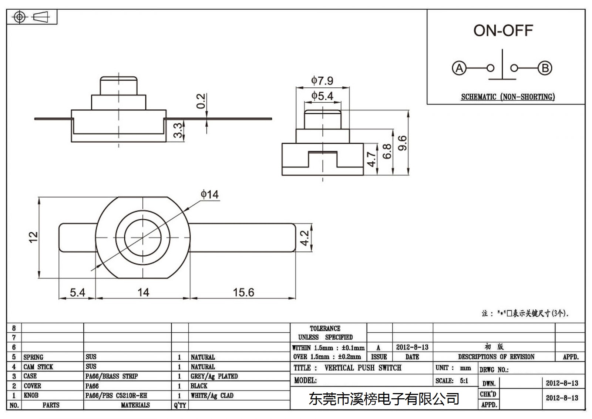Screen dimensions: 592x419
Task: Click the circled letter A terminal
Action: (459, 68)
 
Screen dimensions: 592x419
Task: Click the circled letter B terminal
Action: (545, 68)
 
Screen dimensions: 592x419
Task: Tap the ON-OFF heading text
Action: (503, 31)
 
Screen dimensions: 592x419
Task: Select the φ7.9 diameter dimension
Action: (322, 80)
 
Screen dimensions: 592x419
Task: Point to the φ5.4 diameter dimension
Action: (322, 96)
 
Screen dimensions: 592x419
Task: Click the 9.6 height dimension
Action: (402, 143)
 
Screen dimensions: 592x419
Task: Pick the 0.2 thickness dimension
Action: (201, 101)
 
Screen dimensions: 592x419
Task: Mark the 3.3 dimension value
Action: (178, 130)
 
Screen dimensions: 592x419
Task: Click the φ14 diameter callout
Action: (209, 194)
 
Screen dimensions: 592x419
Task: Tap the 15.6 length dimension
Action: (243, 292)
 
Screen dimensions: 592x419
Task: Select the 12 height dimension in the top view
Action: (33, 237)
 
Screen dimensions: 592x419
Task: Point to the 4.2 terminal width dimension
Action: (305, 238)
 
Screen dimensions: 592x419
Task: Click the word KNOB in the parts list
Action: (31, 395)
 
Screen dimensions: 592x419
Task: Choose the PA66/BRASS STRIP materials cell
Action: (111, 376)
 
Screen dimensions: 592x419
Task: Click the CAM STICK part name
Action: (38, 367)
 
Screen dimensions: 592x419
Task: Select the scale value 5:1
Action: (464, 380)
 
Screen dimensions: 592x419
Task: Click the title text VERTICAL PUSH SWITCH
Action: (363, 368)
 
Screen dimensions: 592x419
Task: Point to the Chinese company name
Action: (384, 399)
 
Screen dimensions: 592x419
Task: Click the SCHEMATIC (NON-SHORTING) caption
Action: (508, 97)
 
